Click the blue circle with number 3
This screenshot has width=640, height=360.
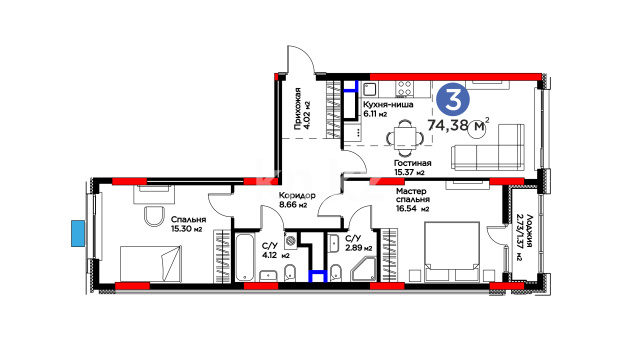453,99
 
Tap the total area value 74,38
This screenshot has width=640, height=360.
447,125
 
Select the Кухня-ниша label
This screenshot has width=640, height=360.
388,104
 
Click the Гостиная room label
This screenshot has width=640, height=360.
412,163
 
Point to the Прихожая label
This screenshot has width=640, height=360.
298,108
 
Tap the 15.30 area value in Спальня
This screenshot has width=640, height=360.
181,229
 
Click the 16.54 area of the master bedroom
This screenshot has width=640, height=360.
406,209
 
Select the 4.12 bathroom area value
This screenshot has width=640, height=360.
269,256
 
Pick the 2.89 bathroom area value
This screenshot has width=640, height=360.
353,248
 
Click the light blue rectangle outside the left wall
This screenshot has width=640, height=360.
78,233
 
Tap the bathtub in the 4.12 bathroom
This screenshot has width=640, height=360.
245,257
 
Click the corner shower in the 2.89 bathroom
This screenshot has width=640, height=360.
364,269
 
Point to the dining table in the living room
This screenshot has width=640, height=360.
405,138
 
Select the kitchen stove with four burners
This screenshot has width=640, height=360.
405,89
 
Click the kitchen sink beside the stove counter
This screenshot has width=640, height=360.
370,89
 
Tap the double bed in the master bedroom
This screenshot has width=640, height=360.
452,251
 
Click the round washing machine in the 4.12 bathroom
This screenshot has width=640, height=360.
291,241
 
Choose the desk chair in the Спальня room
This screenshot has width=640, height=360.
154,216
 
